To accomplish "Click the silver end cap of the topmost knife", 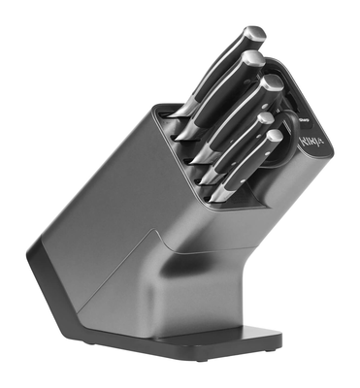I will (254, 35).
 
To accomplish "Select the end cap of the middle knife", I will (272, 85).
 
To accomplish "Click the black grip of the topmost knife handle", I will (218, 68).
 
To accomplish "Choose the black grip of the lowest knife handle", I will (247, 166).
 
